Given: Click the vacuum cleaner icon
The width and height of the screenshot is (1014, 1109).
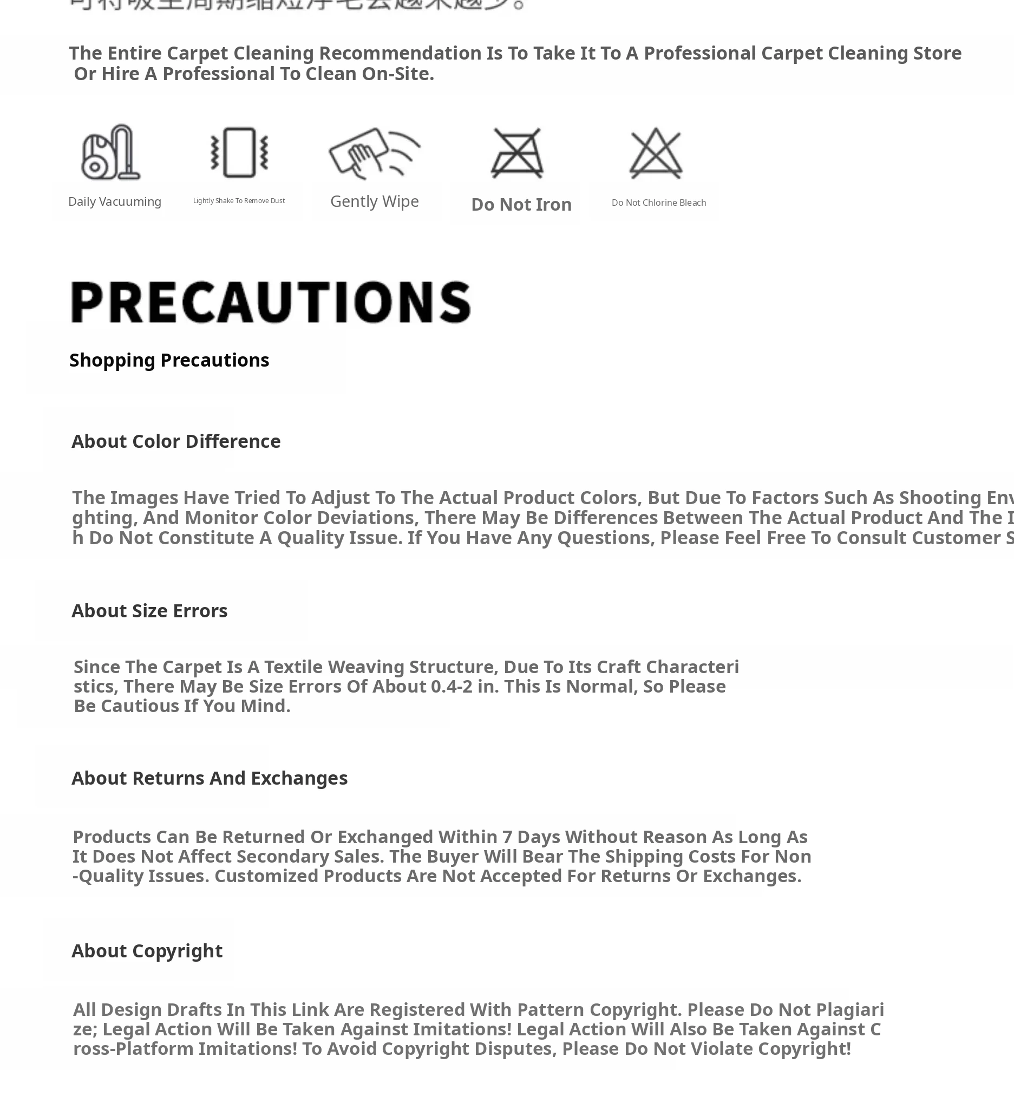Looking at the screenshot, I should coord(110,152).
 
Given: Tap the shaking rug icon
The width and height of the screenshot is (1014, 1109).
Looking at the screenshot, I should coord(239,152).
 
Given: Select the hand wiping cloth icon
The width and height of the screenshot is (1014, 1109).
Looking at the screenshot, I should coord(375,152).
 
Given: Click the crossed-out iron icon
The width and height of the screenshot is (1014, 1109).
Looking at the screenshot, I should coord(517,153).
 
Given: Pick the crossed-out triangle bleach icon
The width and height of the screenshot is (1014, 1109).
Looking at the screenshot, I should coord(656,153).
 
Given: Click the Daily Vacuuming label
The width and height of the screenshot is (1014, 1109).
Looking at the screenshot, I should coord(114,202).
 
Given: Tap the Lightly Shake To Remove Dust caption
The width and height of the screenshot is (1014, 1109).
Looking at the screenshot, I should coord(239,201).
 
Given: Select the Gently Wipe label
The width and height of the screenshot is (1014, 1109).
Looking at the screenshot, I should coord(375,201).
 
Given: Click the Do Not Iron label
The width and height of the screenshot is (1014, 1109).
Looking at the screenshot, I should coord(521,205).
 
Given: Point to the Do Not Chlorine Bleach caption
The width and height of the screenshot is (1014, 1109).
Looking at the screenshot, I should coord(658,203).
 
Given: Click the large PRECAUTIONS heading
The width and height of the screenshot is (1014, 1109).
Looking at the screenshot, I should coord(271,302).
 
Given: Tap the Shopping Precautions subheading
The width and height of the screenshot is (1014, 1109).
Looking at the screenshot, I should coord(169,360).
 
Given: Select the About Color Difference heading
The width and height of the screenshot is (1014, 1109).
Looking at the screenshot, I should coord(176,442).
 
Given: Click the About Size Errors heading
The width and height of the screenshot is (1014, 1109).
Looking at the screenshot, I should coord(149,611).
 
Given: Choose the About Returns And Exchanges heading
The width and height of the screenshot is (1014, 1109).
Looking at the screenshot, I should coord(210,778).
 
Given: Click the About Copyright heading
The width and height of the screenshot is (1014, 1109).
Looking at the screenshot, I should coord(147,951).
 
